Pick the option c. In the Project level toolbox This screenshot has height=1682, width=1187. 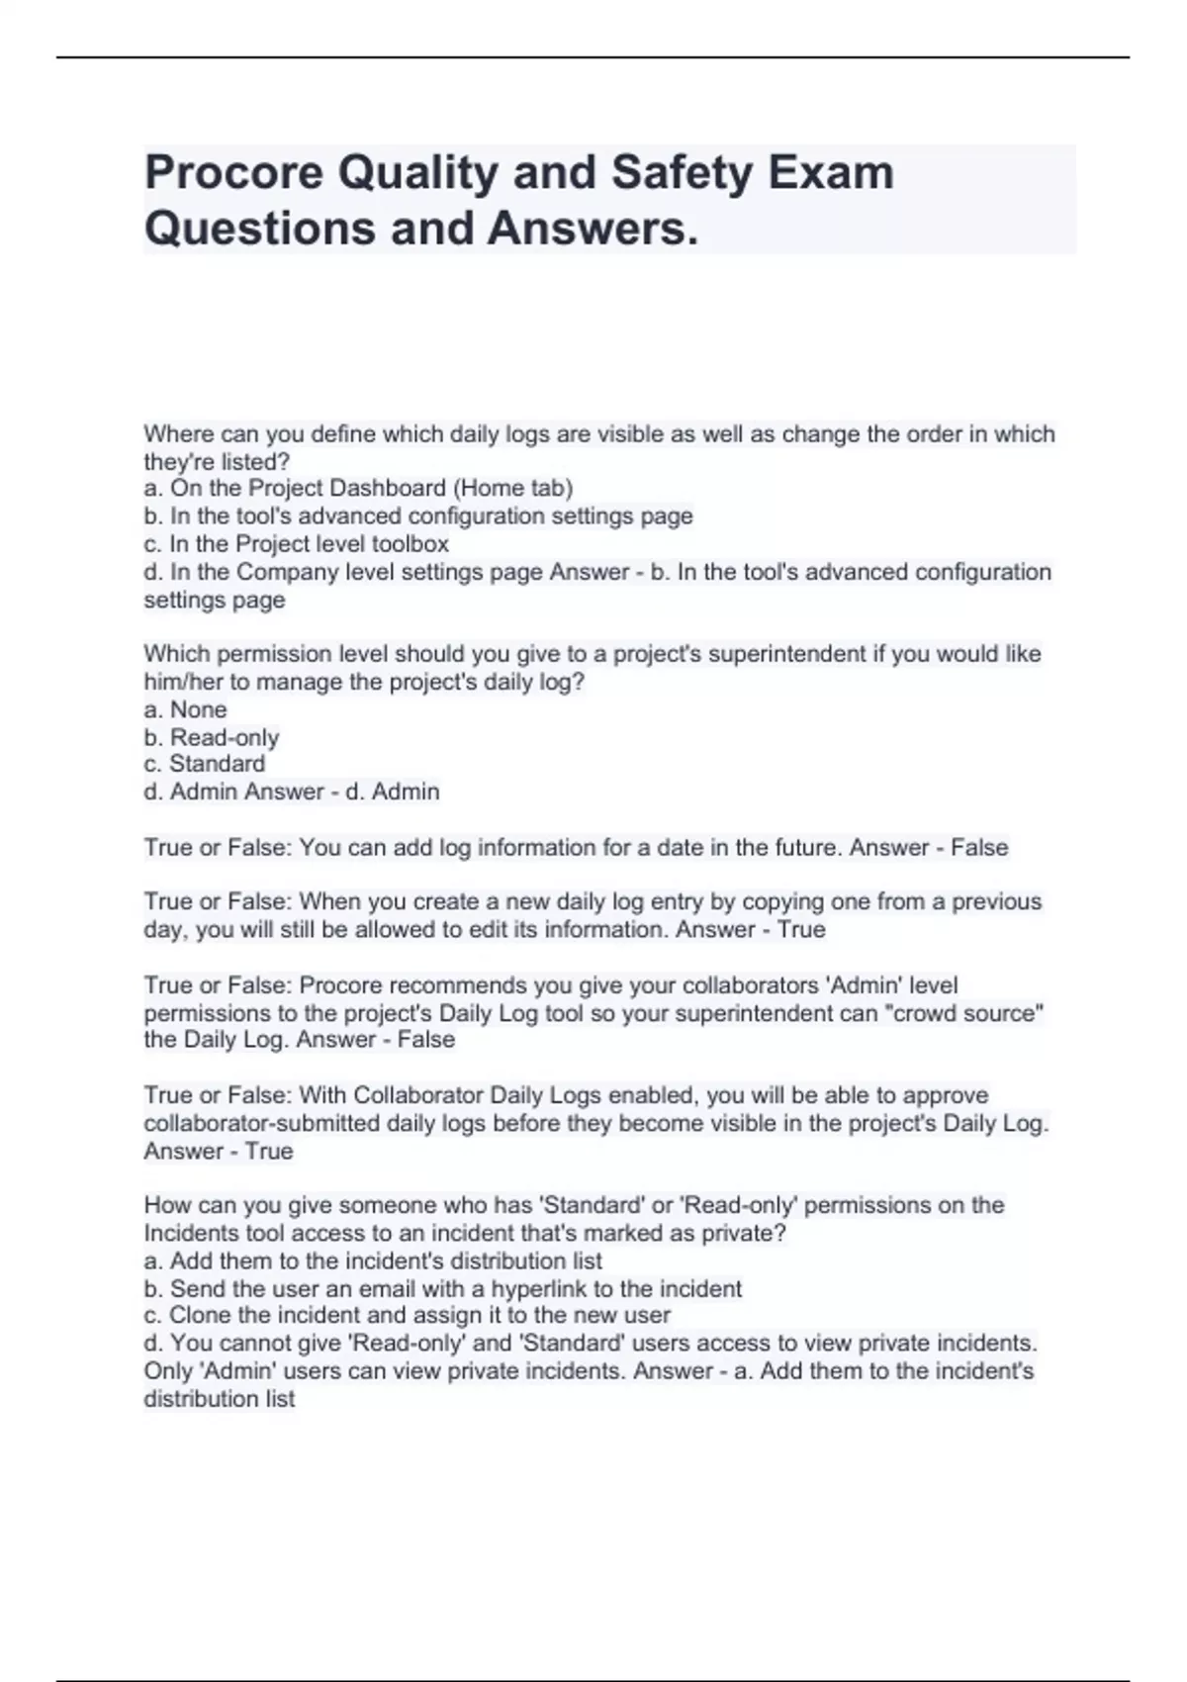(296, 544)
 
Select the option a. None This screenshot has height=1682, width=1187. (185, 709)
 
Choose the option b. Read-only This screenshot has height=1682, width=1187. (211, 737)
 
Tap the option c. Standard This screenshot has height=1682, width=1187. (204, 764)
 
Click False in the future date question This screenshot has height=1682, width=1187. (978, 848)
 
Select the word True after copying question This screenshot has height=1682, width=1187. (800, 929)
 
